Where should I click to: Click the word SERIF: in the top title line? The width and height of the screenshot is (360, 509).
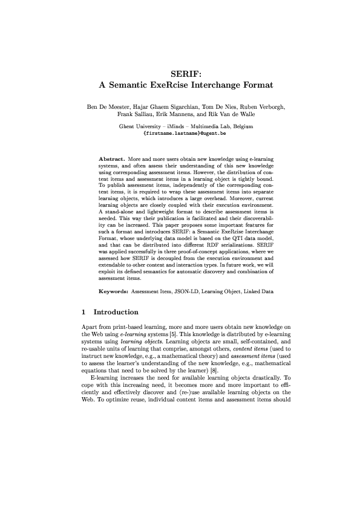[x=180, y=74]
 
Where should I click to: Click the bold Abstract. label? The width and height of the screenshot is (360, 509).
[x=112, y=158]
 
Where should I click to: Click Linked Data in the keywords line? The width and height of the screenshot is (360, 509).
[x=258, y=291]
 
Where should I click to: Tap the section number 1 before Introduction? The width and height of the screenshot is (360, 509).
[x=83, y=312]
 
